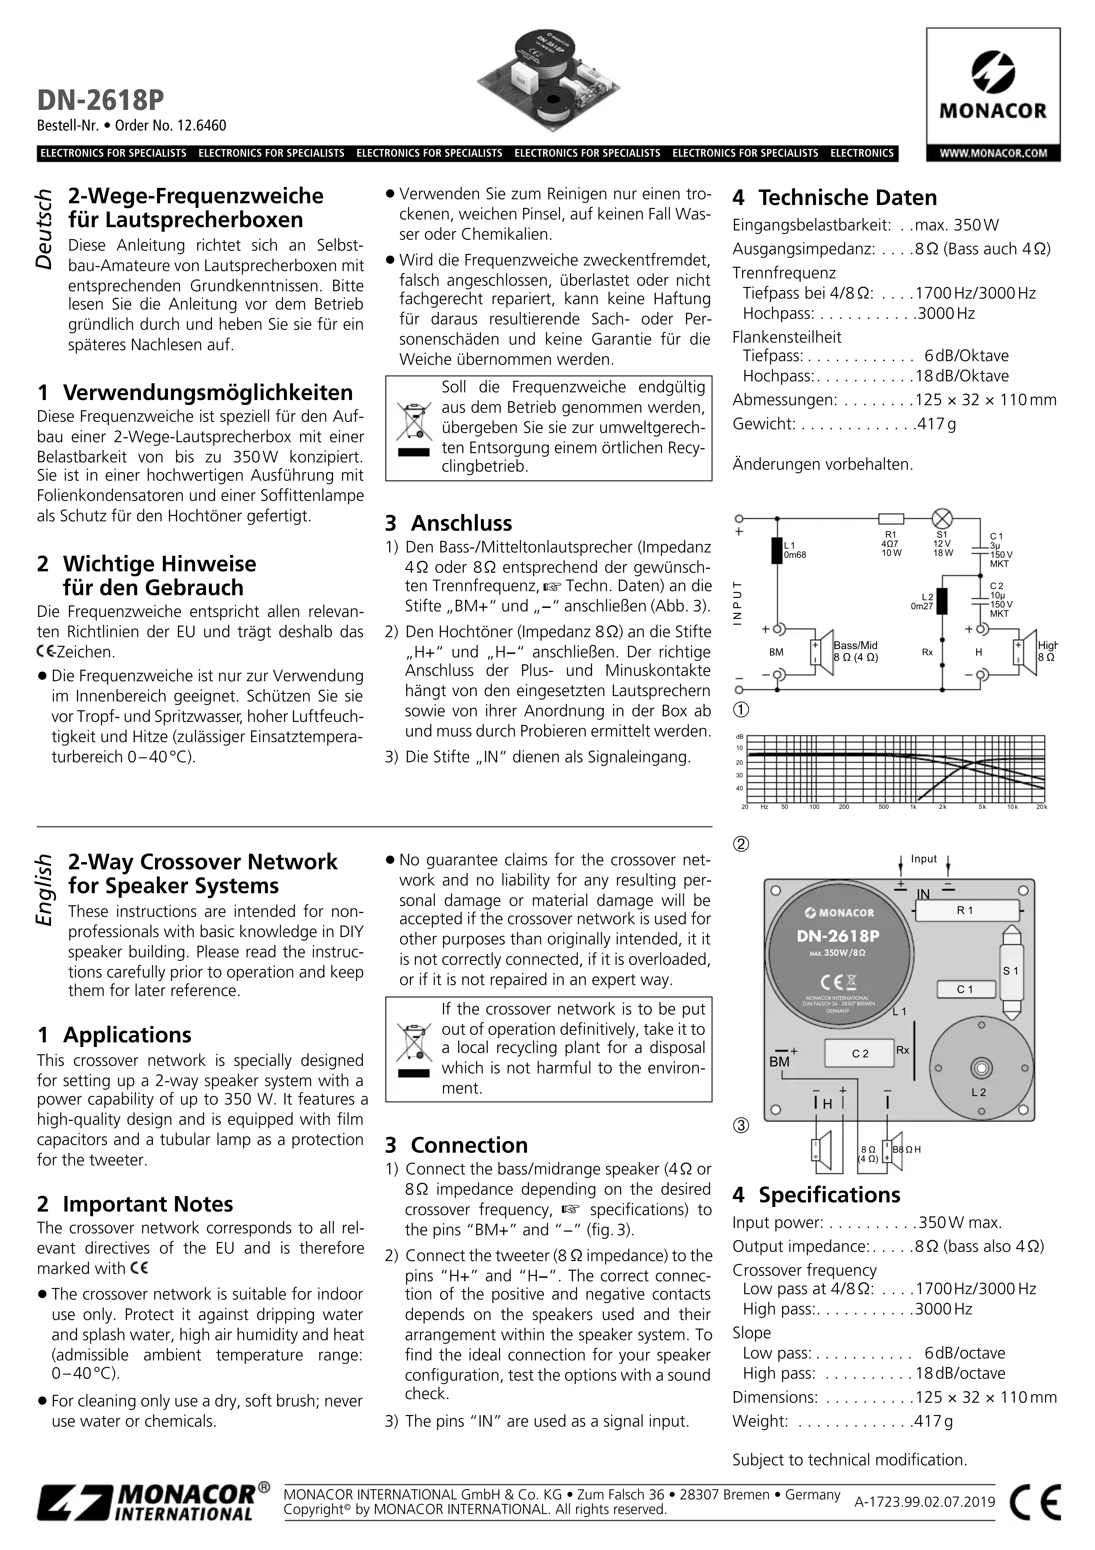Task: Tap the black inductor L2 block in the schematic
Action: pos(942,601)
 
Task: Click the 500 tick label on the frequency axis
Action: pos(883,807)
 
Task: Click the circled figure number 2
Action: pos(741,844)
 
